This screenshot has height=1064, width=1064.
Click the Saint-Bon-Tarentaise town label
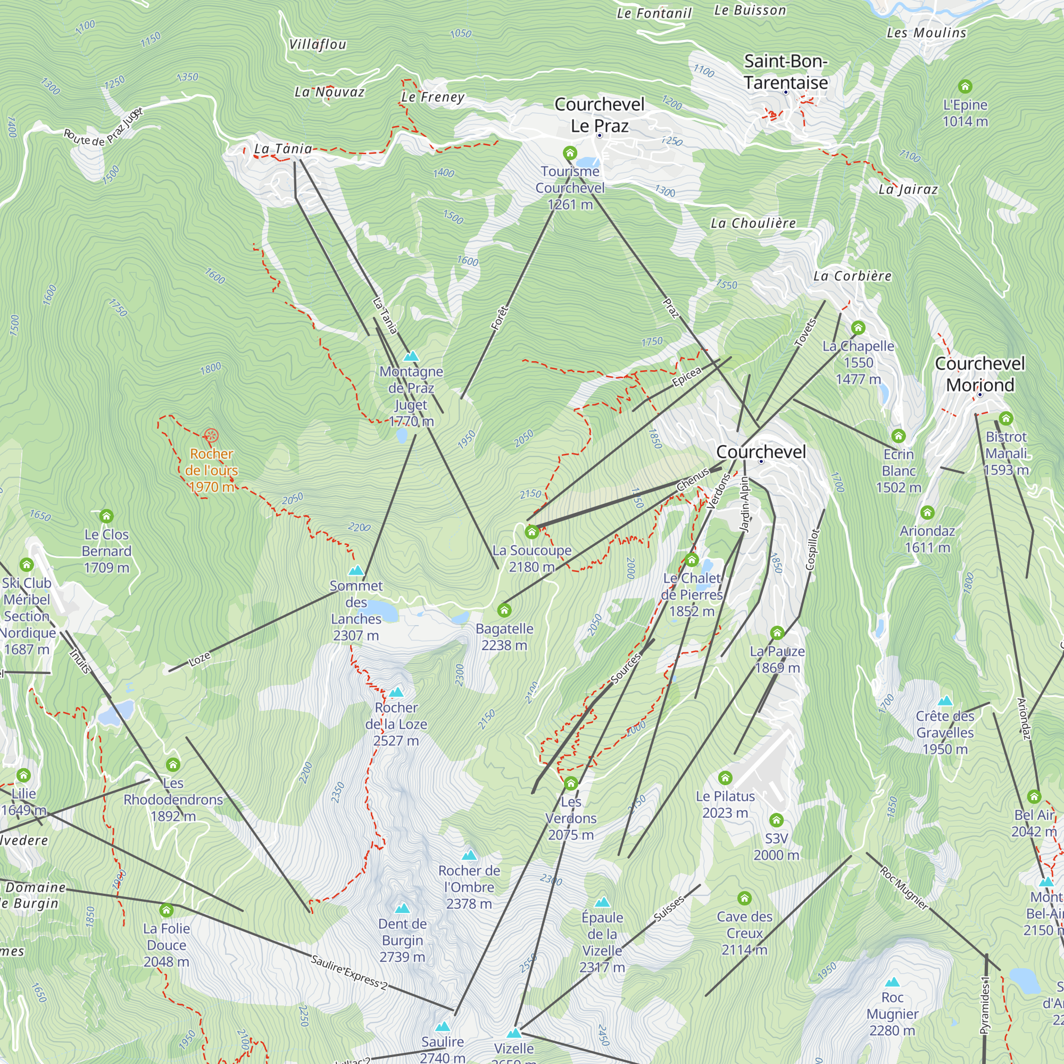click(785, 72)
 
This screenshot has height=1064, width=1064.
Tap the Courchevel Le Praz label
click(599, 114)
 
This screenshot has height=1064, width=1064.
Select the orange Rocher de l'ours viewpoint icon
click(211, 436)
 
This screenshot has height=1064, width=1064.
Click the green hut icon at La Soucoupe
click(531, 532)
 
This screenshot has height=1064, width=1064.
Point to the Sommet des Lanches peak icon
click(356, 570)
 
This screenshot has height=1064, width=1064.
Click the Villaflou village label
click(318, 45)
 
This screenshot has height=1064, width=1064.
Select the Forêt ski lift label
click(499, 318)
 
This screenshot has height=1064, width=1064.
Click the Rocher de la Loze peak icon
click(396, 692)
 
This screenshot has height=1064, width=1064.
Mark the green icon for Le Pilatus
click(725, 778)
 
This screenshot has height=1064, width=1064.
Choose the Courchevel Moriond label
click(980, 374)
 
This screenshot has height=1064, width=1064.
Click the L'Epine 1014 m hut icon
click(965, 87)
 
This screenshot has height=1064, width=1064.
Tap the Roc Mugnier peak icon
click(892, 982)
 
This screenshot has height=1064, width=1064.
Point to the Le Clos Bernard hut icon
click(106, 516)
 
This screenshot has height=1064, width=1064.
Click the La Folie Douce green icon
click(167, 910)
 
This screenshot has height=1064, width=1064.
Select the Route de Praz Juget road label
click(103, 127)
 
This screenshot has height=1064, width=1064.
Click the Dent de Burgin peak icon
click(402, 908)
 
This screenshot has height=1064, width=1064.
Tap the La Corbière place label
click(852, 276)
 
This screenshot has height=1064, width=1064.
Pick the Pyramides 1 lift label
click(985, 1005)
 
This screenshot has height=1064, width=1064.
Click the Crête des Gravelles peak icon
click(945, 701)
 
